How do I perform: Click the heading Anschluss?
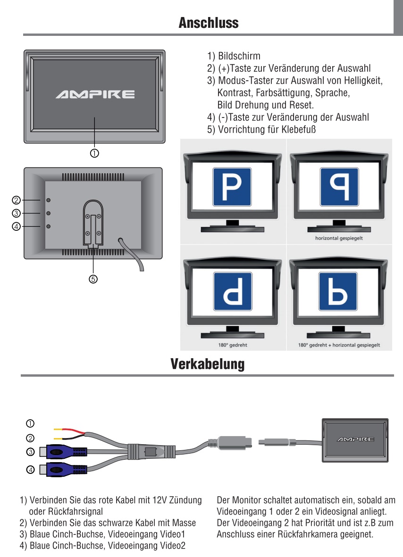pyautogui.click(x=208, y=23)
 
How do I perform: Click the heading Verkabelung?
pyautogui.click(x=208, y=364)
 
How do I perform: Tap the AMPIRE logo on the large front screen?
pyautogui.click(x=95, y=95)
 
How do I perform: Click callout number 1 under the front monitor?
pyautogui.click(x=94, y=153)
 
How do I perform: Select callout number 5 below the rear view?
pyautogui.click(x=93, y=279)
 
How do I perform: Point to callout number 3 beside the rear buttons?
pyautogui.click(x=17, y=213)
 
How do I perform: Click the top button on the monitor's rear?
pyautogui.click(x=49, y=200)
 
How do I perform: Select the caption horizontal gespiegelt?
pyautogui.click(x=339, y=238)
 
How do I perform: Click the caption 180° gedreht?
pyautogui.click(x=233, y=345)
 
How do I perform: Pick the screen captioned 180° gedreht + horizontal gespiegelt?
pyautogui.click(x=339, y=293)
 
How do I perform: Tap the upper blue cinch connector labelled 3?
pyautogui.click(x=63, y=452)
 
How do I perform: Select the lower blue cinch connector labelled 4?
pyautogui.click(x=63, y=470)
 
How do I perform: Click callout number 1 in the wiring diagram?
pyautogui.click(x=30, y=422)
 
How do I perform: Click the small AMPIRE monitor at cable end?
pyautogui.click(x=355, y=439)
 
